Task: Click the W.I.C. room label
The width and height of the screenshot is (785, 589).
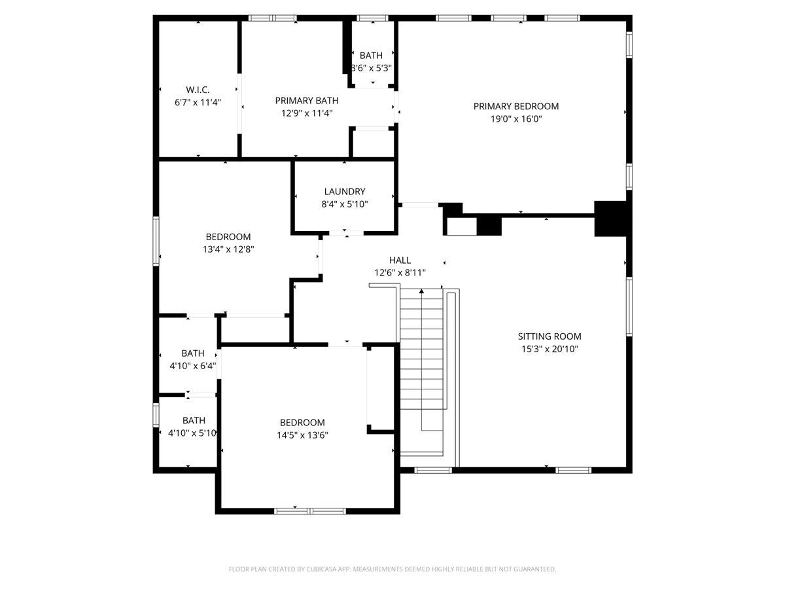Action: coord(198,90)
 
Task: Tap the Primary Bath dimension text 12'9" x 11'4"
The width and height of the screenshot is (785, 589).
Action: coord(307,113)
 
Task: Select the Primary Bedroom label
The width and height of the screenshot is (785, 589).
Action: coord(515,106)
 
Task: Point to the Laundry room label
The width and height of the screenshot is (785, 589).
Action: coord(344,191)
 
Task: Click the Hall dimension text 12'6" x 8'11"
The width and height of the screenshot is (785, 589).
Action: coord(400,273)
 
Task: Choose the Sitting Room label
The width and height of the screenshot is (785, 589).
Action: coord(549,336)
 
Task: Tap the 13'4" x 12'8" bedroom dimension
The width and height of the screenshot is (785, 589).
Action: coord(228,249)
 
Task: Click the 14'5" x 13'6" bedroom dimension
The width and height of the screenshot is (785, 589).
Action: coord(302,435)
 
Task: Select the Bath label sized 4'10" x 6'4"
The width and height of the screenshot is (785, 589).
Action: coord(193,353)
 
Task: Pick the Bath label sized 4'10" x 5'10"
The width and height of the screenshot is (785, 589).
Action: coord(194,420)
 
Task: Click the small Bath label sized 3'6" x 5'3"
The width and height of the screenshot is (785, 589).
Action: coord(371,56)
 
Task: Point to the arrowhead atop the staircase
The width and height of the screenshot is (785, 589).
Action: coord(422,291)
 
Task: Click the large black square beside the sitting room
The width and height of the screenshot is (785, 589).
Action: coord(610,219)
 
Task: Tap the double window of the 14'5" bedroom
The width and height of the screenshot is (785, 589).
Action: coord(309,511)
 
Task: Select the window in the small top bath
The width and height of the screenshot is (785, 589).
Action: coord(372,18)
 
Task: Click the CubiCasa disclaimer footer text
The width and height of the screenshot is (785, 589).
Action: coord(392,569)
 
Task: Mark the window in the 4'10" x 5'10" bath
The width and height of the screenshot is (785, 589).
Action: coord(156,415)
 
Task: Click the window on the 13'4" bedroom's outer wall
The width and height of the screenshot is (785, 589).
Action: coord(156,241)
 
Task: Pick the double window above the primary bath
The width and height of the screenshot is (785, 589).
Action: coord(273,18)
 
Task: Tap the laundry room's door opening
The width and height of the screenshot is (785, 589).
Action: coord(346,234)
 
